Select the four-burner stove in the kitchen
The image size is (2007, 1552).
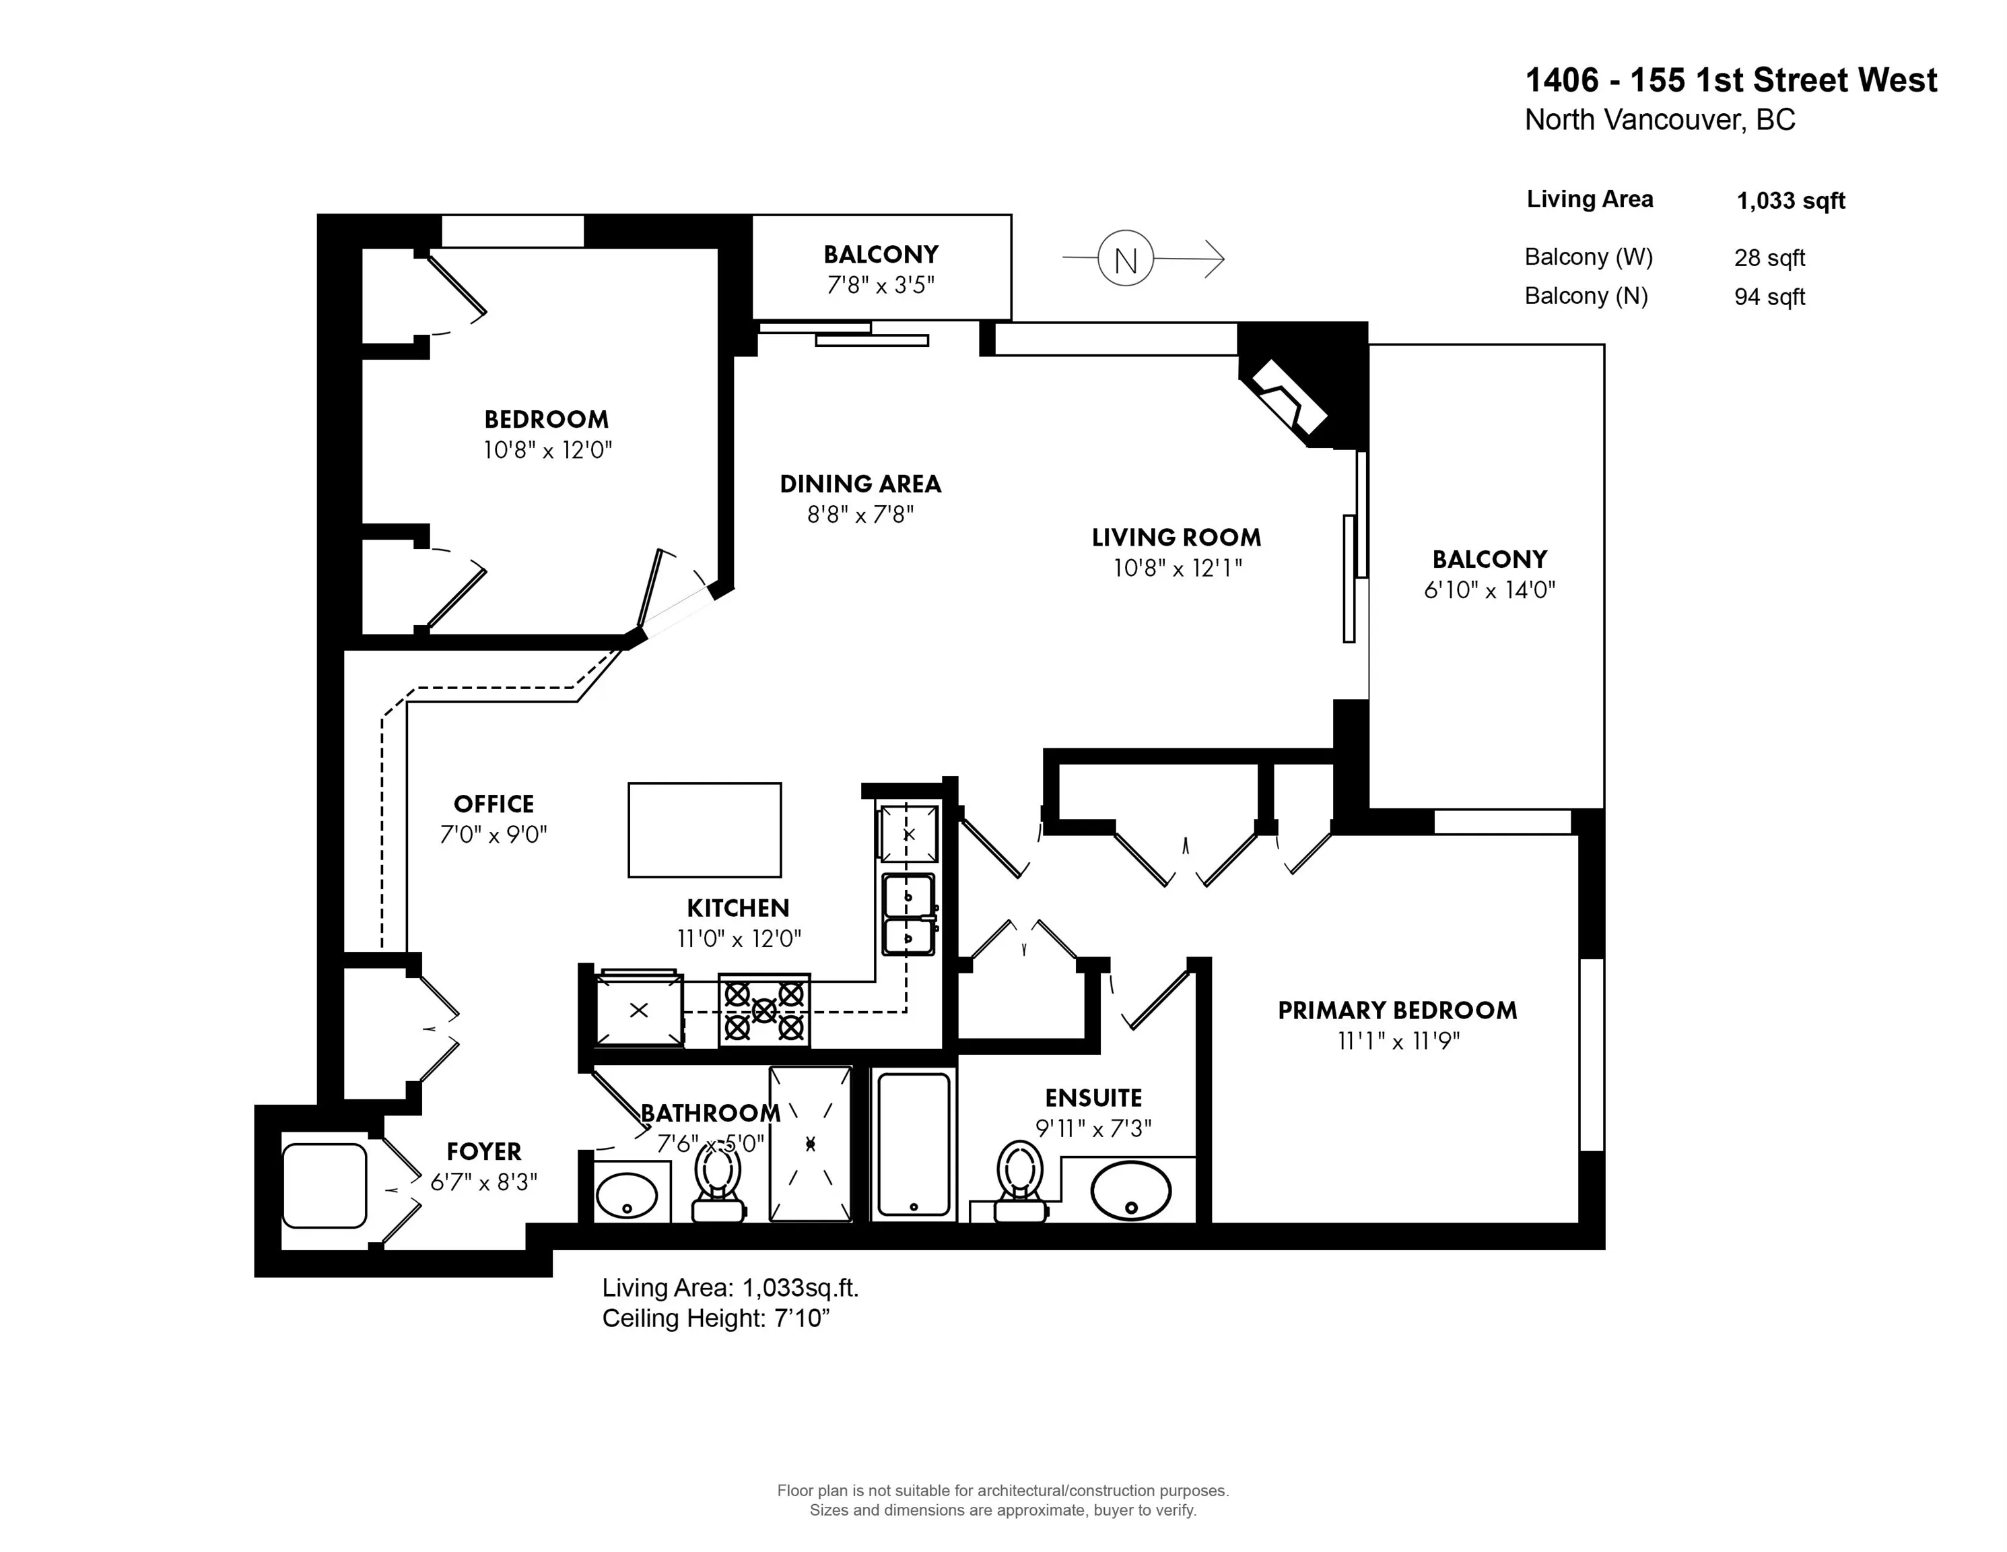(763, 1010)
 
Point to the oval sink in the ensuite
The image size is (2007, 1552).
(1130, 1191)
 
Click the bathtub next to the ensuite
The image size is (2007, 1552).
(914, 1144)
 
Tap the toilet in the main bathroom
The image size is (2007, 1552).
(718, 1184)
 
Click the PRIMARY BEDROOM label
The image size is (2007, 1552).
(1397, 1010)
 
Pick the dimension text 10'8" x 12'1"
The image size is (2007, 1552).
(1177, 569)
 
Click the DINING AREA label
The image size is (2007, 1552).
(860, 484)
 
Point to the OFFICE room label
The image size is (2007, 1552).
(494, 804)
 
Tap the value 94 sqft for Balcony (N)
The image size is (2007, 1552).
(1769, 297)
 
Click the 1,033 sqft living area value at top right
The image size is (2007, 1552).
(1790, 201)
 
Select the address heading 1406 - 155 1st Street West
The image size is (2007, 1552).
(1730, 81)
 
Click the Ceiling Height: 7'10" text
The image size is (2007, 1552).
(715, 1318)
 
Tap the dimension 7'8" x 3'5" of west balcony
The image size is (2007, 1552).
(881, 285)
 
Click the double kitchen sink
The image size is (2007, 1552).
(908, 915)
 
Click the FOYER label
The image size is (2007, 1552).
(483, 1151)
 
